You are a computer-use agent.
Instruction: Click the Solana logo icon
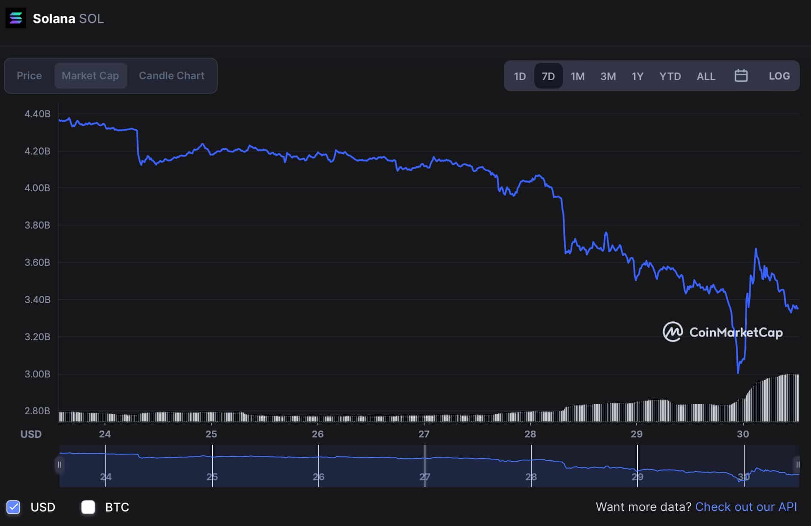tap(16, 18)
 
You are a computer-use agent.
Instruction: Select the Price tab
tap(29, 76)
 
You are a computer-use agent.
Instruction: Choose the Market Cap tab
tap(90, 76)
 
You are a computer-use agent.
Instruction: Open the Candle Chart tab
tap(171, 76)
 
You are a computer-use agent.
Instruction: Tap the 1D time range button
tap(520, 76)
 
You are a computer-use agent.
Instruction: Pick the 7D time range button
tap(548, 76)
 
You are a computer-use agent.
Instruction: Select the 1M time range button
tap(577, 76)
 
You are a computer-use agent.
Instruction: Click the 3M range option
tap(608, 76)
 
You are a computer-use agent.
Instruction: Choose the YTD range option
tap(670, 76)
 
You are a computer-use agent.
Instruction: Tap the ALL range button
tap(706, 76)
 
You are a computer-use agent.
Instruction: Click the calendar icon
tap(741, 76)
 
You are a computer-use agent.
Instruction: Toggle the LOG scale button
tap(779, 76)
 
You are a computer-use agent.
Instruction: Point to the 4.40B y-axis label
tap(37, 114)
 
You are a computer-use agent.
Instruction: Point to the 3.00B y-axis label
tap(37, 374)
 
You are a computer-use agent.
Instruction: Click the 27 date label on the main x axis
tap(424, 434)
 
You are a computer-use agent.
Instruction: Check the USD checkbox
tap(14, 507)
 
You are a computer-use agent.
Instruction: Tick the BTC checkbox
tap(88, 507)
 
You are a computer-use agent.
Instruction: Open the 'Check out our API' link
tap(746, 507)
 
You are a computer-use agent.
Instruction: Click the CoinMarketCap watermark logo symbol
tap(673, 332)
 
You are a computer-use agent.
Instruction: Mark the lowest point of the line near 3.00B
tap(738, 373)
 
